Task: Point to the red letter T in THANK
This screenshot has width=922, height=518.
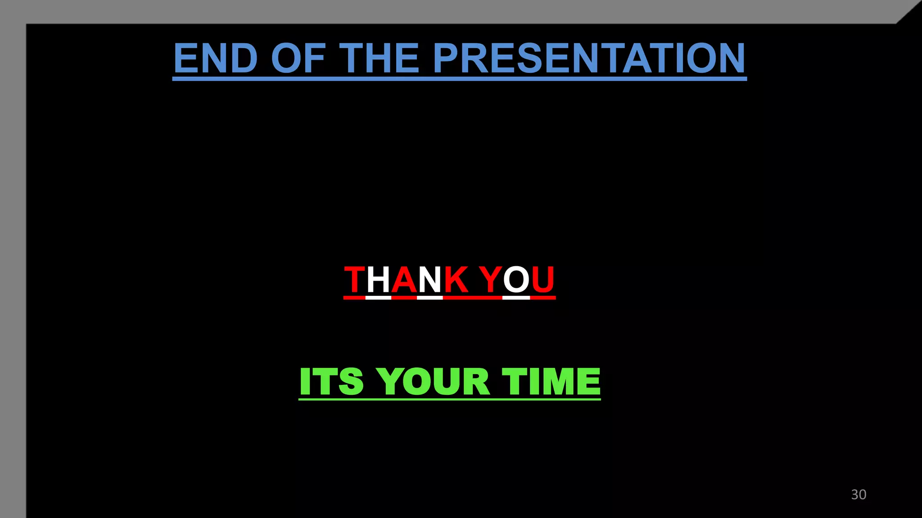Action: tap(355, 280)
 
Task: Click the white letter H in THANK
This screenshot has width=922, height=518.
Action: tap(378, 280)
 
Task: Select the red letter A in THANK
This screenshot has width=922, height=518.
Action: tap(404, 280)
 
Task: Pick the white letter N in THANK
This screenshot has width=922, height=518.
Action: tap(430, 280)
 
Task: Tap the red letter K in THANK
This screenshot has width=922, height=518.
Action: tap(456, 280)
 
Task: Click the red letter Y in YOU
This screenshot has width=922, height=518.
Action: tap(490, 280)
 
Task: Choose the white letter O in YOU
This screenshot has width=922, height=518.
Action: tap(516, 280)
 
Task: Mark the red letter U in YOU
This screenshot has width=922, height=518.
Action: tap(542, 280)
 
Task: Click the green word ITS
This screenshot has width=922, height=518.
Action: tap(331, 381)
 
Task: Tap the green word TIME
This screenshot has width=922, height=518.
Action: tap(551, 381)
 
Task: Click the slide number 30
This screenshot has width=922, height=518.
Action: tap(859, 494)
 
